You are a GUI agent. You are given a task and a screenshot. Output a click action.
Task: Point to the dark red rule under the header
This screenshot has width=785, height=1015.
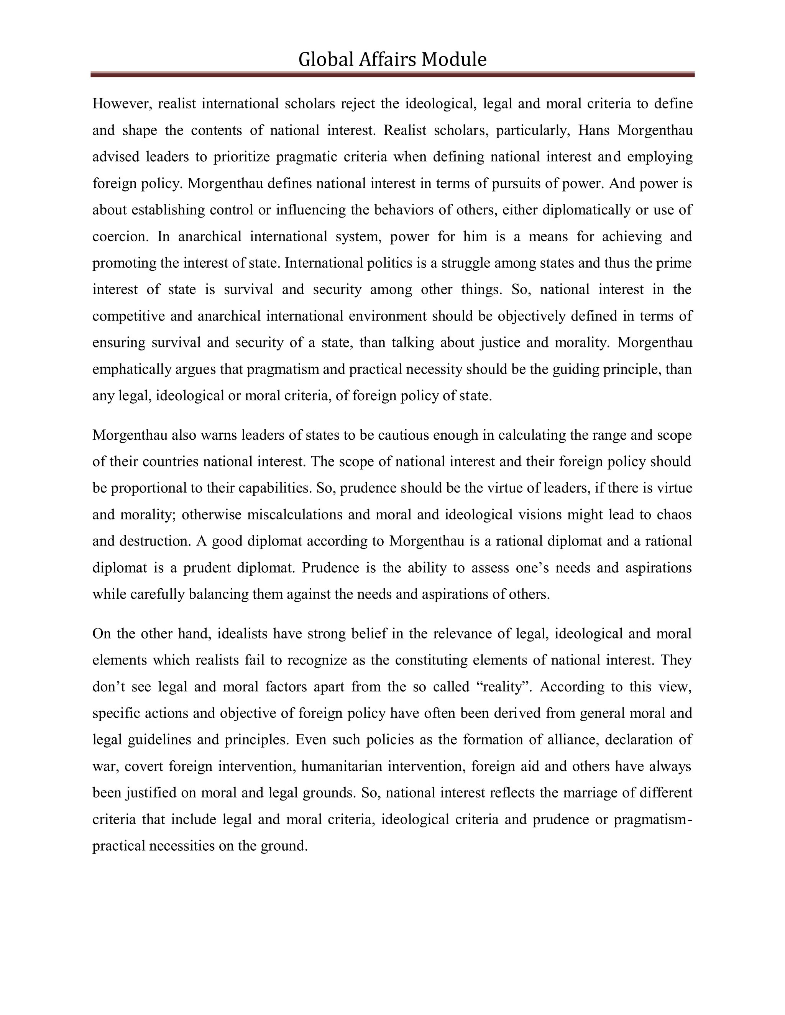coord(392,74)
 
